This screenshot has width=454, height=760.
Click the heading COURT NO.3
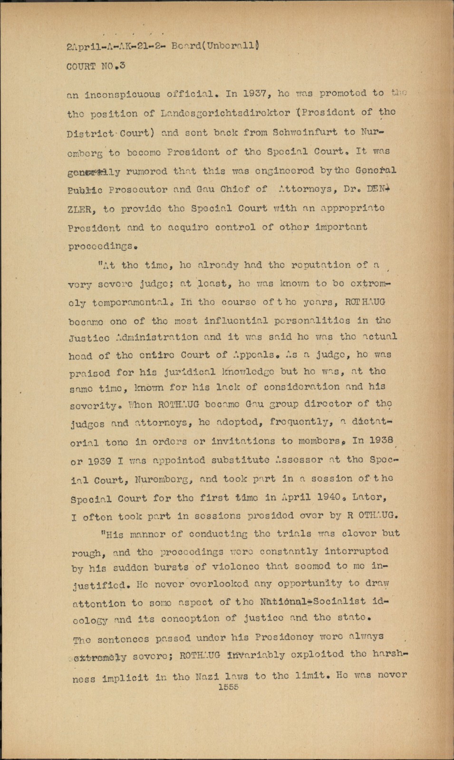[96, 66]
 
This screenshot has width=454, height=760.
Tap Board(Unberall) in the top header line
[215, 46]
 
